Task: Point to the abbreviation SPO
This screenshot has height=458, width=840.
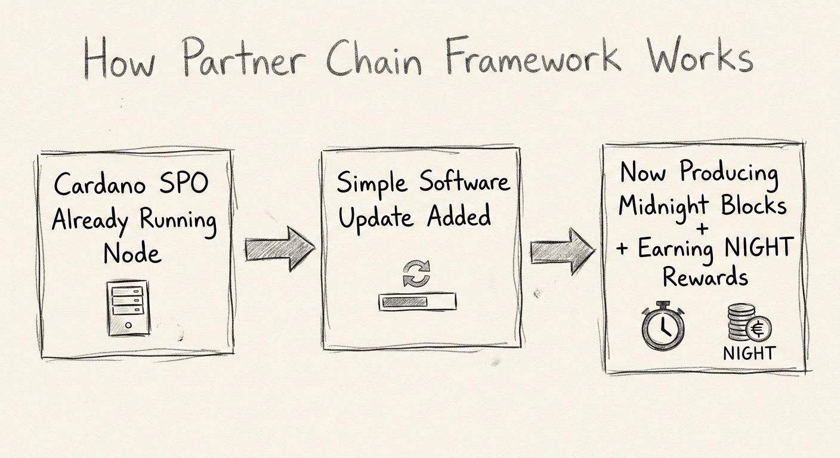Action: point(183,184)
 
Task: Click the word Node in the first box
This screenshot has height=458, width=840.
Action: point(132,255)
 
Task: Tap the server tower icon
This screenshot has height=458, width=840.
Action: point(128,308)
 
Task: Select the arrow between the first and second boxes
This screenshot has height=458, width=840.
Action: point(279,247)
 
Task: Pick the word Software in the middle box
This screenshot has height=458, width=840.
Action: point(465,181)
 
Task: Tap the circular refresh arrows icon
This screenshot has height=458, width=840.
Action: point(416,273)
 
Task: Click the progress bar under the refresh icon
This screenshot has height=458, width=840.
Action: point(416,301)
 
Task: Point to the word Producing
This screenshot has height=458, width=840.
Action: point(729,173)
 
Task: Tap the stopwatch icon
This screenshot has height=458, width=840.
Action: point(662,327)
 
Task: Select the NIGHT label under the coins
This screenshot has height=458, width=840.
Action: point(749,353)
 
